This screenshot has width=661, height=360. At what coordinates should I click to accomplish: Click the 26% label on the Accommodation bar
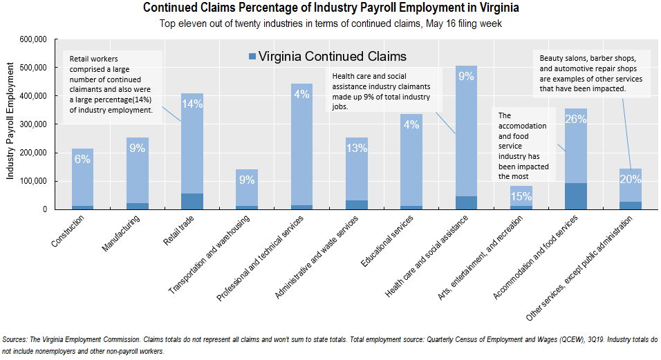click(x=575, y=119)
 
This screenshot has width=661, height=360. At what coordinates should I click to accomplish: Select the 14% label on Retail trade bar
click(x=192, y=104)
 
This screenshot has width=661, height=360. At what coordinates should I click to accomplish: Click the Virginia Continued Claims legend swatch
click(x=252, y=56)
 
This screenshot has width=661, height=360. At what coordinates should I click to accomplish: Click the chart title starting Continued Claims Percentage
click(x=330, y=8)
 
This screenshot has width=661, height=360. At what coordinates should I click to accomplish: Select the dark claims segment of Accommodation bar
click(x=575, y=196)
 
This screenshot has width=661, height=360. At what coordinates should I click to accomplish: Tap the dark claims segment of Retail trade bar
click(x=192, y=201)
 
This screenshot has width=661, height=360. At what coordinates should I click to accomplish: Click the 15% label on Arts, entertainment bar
click(x=521, y=196)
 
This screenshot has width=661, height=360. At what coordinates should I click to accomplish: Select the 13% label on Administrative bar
click(x=356, y=147)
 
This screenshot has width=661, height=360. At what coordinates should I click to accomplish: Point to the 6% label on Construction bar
click(x=82, y=158)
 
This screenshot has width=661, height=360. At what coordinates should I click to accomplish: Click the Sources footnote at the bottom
click(x=330, y=345)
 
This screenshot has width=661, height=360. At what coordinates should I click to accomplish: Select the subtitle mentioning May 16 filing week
click(x=330, y=23)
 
